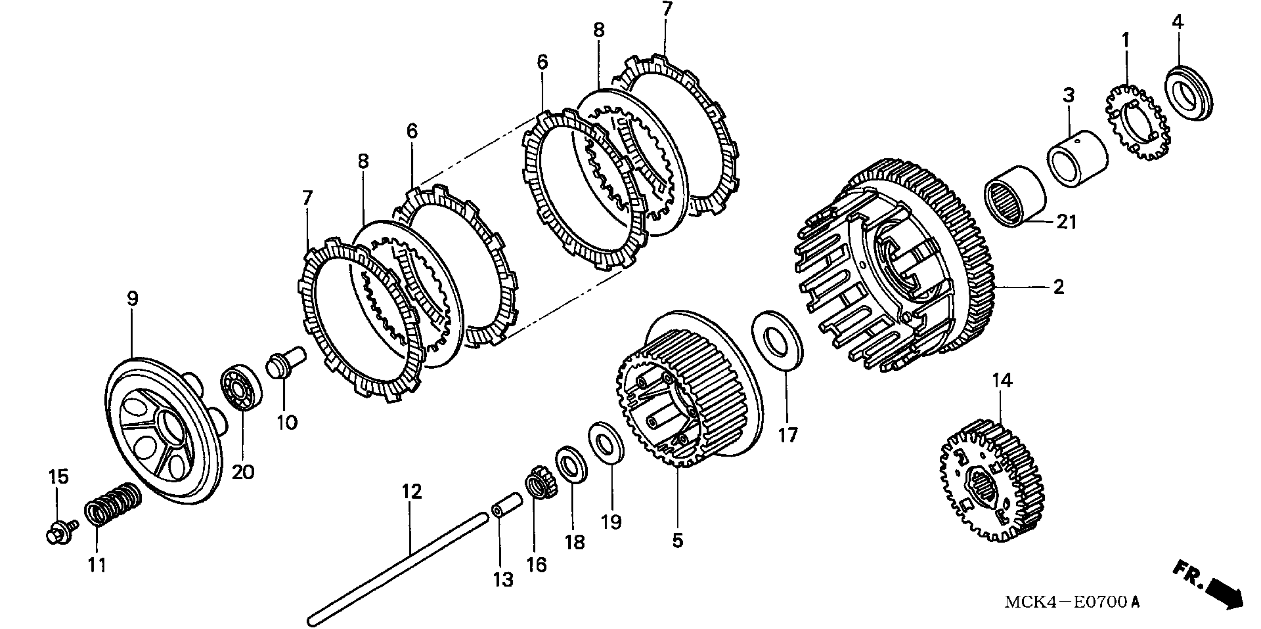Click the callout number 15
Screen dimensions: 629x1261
58,477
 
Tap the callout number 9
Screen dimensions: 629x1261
132,299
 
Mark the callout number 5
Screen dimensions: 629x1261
677,541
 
